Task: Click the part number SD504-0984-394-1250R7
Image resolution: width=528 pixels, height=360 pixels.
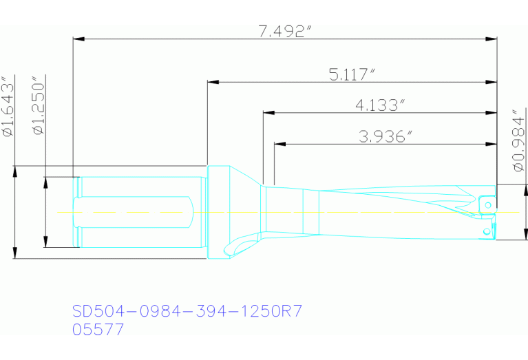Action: [187, 312]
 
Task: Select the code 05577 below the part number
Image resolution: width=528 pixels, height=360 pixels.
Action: [98, 330]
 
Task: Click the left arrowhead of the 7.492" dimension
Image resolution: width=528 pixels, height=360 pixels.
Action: [78, 39]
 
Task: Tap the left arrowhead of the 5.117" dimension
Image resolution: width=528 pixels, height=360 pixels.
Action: [213, 83]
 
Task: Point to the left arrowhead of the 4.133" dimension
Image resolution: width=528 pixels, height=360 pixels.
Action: [267, 113]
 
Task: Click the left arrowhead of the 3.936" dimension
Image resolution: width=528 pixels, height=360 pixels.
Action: [279, 145]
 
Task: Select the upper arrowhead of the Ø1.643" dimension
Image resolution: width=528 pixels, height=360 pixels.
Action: [14, 171]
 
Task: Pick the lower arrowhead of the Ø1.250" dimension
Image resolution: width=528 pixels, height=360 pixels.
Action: [45, 242]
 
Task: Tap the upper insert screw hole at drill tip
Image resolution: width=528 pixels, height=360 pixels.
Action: [486, 204]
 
